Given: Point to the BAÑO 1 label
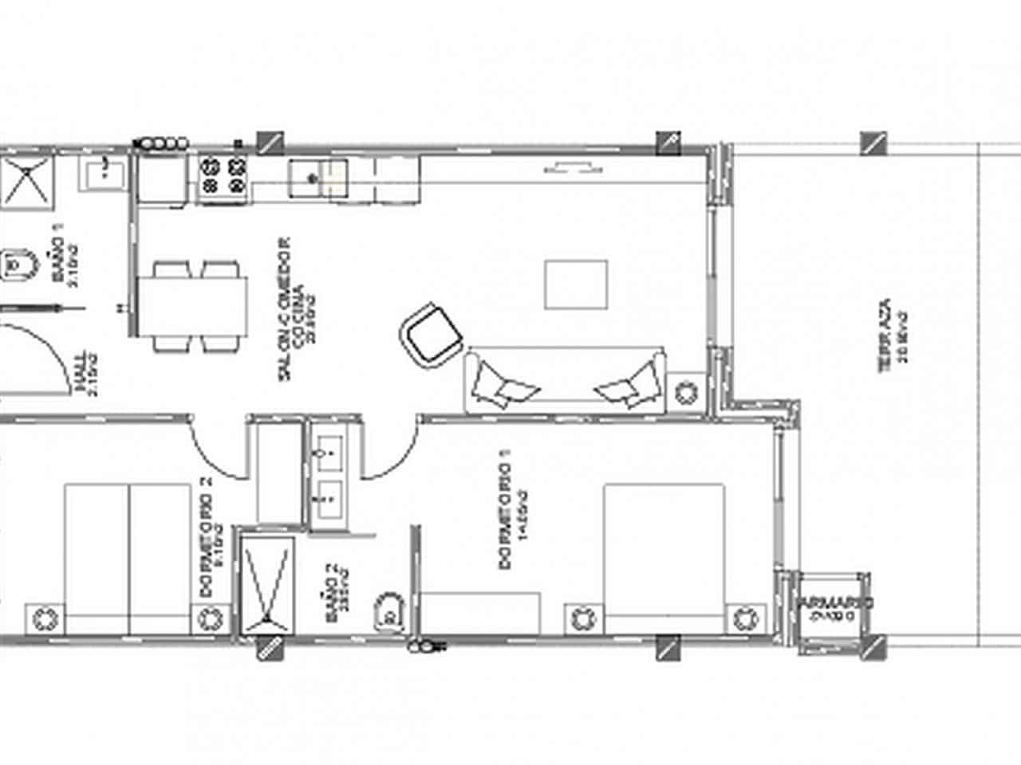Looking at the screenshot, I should pyautogui.click(x=63, y=255).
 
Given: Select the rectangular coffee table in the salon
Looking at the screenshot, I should pyautogui.click(x=576, y=284).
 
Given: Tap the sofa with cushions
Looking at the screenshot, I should pyautogui.click(x=565, y=381).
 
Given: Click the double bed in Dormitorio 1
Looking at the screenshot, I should pyautogui.click(x=664, y=558).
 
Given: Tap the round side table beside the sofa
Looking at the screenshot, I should pyautogui.click(x=685, y=393).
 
